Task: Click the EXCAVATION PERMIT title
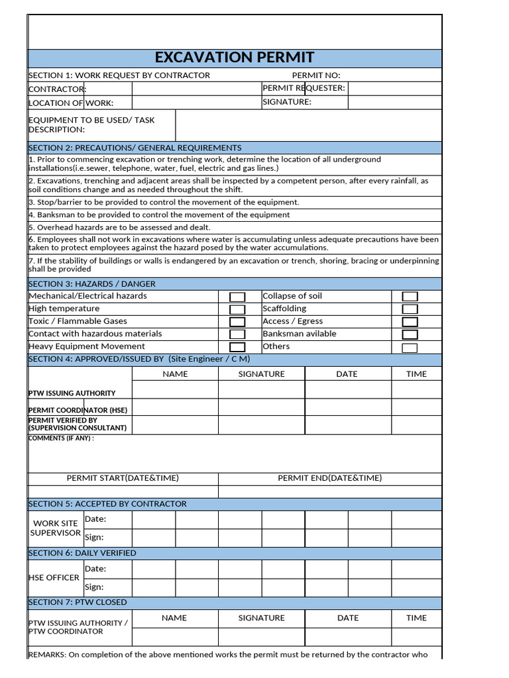tap(235, 58)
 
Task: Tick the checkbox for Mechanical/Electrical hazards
tap(237, 297)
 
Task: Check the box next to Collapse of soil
tap(410, 297)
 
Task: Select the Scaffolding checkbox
tap(410, 309)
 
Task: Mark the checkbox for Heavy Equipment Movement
tap(237, 347)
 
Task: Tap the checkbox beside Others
tap(410, 348)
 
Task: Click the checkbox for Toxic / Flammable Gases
tap(237, 322)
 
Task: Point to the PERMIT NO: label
tap(315, 75)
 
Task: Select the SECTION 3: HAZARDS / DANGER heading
tap(92, 283)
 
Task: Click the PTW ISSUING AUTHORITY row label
tap(72, 393)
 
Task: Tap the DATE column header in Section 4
tap(347, 374)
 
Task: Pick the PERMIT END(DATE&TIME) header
tap(329, 478)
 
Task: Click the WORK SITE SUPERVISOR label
tap(56, 528)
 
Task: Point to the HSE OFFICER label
tap(54, 577)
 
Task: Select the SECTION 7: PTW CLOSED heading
tap(78, 603)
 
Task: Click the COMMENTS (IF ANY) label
tap(61, 438)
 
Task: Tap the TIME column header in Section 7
tap(416, 618)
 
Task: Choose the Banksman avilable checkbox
tap(410, 334)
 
